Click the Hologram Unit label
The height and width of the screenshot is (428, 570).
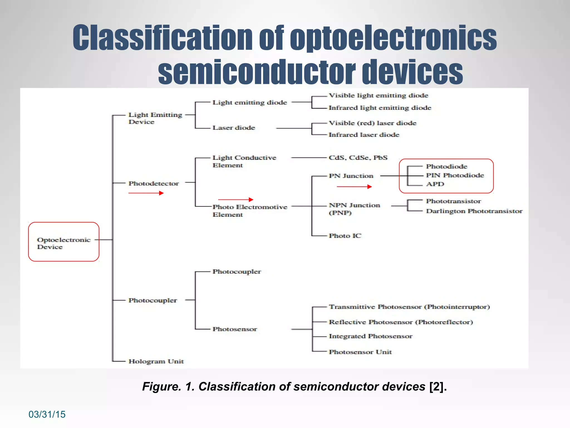(x=156, y=361)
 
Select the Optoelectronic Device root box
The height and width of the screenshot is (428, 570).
(x=64, y=242)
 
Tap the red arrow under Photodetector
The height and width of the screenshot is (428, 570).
(x=146, y=193)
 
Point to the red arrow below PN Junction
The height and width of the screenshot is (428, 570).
(x=354, y=187)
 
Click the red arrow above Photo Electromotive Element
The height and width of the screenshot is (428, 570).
(x=236, y=200)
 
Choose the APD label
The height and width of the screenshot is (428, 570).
(x=435, y=184)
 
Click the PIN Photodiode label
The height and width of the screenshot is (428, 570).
(x=455, y=175)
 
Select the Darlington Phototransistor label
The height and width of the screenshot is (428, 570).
(x=474, y=211)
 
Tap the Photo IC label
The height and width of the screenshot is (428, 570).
(x=345, y=236)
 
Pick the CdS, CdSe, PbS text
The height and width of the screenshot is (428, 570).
(x=358, y=158)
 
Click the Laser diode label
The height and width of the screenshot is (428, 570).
(x=234, y=128)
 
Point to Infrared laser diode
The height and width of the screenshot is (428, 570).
(x=364, y=135)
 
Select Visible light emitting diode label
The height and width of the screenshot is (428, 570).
(x=378, y=96)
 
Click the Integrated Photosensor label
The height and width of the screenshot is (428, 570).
(x=370, y=336)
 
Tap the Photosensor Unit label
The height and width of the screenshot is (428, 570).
(x=360, y=352)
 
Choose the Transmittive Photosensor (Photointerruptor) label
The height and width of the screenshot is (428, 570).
(x=409, y=307)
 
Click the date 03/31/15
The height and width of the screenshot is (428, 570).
(x=47, y=414)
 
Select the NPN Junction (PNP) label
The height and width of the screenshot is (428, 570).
(x=354, y=209)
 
